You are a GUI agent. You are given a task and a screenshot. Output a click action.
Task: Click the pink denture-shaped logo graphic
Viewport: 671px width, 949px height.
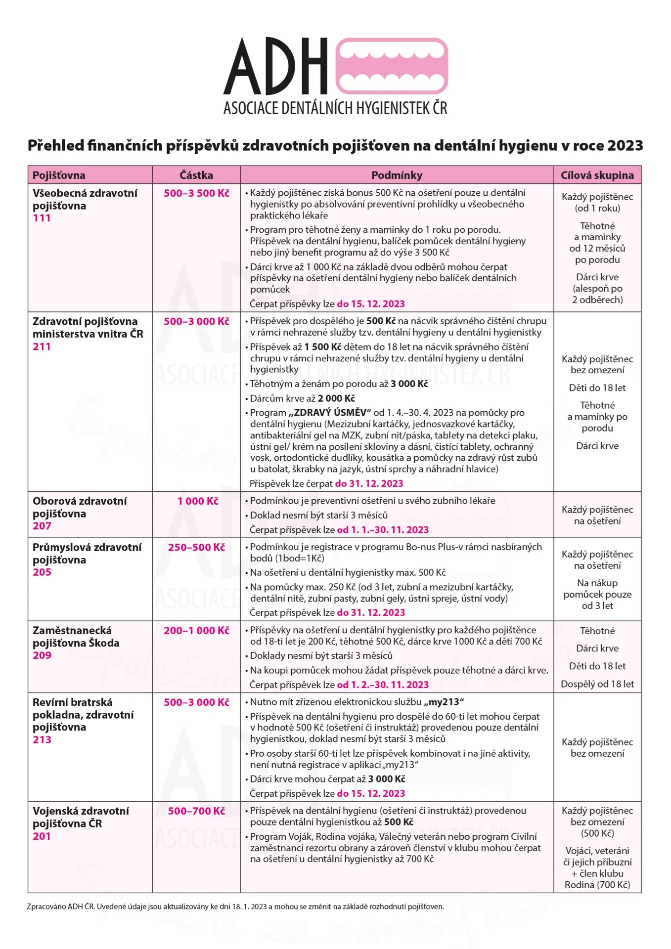click(x=392, y=66)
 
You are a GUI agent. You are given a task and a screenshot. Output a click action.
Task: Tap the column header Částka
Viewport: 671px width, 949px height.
click(x=196, y=175)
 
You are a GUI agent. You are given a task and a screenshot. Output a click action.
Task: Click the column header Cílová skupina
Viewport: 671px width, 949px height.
click(x=597, y=175)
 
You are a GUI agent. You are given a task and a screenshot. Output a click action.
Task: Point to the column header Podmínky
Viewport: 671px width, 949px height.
click(x=397, y=175)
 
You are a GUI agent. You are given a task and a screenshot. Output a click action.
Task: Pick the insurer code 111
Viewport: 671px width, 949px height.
click(x=42, y=218)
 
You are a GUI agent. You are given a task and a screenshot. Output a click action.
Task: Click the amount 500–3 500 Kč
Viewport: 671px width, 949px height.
click(x=196, y=193)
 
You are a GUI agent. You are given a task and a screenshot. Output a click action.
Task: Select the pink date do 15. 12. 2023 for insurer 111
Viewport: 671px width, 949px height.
click(x=371, y=304)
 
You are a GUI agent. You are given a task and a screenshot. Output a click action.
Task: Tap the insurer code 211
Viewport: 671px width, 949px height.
click(x=42, y=346)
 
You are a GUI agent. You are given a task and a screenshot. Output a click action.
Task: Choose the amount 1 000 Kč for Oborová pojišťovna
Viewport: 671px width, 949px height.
click(x=198, y=501)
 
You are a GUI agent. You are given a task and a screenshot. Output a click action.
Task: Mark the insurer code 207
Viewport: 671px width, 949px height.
click(x=42, y=526)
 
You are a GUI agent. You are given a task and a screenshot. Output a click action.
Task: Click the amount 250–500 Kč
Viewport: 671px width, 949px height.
click(x=196, y=548)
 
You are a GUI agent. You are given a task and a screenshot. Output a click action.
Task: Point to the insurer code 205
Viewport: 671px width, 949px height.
click(x=42, y=572)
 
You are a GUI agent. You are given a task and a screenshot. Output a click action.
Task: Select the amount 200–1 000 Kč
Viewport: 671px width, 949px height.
click(x=196, y=631)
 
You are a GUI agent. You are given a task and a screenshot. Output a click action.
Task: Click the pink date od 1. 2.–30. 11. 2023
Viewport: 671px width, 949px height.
click(x=383, y=685)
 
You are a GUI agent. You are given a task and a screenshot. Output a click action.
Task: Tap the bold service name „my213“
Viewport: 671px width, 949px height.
click(x=444, y=702)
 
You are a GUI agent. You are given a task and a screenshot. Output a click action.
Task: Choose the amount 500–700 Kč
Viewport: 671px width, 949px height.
click(x=196, y=811)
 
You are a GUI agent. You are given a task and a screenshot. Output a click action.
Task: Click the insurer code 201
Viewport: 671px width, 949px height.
click(x=42, y=836)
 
